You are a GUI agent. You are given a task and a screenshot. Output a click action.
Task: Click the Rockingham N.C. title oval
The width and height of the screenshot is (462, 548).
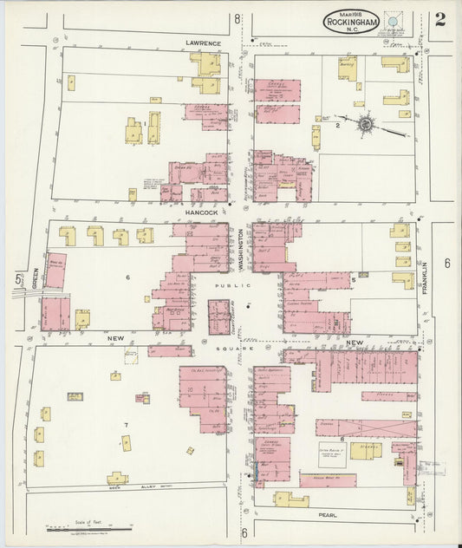[x=352, y=22]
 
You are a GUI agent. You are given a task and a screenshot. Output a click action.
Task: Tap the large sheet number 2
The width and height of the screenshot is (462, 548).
[x=440, y=20]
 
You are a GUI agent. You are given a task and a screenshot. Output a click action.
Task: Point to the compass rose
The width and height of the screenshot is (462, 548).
[x=366, y=125]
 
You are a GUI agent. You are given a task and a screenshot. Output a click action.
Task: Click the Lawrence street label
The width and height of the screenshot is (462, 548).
[x=204, y=42]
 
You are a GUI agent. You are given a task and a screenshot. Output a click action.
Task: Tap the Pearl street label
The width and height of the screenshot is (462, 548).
[x=327, y=514]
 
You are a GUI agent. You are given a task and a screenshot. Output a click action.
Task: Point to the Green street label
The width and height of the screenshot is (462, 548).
[x=35, y=277]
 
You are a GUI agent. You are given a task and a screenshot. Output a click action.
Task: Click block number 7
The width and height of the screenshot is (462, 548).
[x=127, y=423]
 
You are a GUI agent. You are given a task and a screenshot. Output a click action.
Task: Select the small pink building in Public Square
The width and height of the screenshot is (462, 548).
[x=219, y=316]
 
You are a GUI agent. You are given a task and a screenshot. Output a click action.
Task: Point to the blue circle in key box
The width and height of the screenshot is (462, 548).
[x=394, y=20]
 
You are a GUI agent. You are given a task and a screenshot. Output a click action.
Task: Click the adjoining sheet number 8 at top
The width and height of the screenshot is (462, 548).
[x=237, y=18]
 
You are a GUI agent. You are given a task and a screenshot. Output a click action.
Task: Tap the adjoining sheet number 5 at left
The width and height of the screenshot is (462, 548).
[x=18, y=279]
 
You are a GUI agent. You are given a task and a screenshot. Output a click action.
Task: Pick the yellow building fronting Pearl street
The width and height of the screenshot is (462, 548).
[x=291, y=499]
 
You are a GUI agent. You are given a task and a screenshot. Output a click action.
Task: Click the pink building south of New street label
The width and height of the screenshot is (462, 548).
[x=169, y=351]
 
